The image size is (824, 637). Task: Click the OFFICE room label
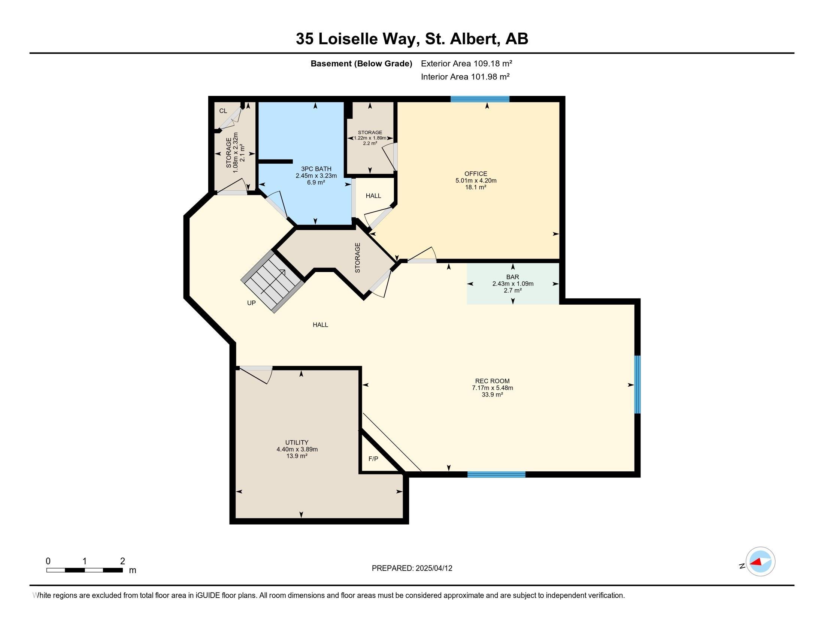pyautogui.click(x=476, y=173)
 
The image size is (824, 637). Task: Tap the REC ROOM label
pyautogui.click(x=493, y=381)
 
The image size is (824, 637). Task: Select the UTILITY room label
pyautogui.click(x=297, y=442)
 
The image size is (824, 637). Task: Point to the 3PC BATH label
pyautogui.click(x=316, y=169)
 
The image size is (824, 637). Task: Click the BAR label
pyautogui.click(x=513, y=277)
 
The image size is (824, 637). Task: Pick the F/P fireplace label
pyautogui.click(x=373, y=459)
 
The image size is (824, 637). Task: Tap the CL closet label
pyautogui.click(x=223, y=111)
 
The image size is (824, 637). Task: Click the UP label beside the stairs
pyautogui.click(x=251, y=303)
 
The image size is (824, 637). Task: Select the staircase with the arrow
pyautogui.click(x=273, y=281)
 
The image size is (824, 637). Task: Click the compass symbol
pyautogui.click(x=760, y=562)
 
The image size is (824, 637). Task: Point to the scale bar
pyautogui.click(x=85, y=570)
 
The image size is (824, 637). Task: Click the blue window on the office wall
pyautogui.click(x=480, y=99)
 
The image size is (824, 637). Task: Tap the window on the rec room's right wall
pyautogui.click(x=637, y=384)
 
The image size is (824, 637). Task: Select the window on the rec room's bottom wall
pyautogui.click(x=497, y=474)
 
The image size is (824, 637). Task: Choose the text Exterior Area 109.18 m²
pyautogui.click(x=467, y=63)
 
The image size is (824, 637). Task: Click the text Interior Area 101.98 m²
pyautogui.click(x=465, y=77)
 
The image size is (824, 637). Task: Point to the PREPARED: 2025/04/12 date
pyautogui.click(x=412, y=568)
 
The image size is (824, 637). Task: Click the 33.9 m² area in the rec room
pyautogui.click(x=493, y=395)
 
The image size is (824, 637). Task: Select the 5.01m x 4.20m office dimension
pyautogui.click(x=476, y=180)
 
